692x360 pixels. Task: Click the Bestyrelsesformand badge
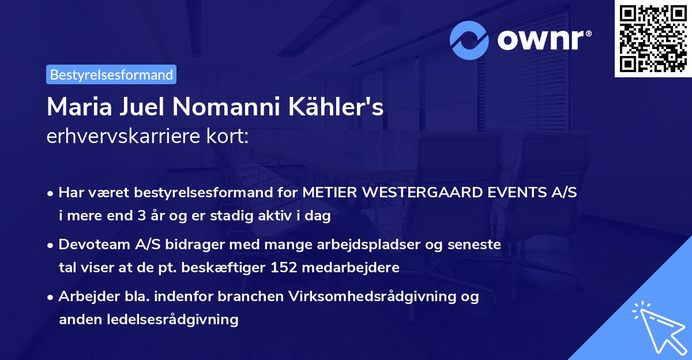tap(111, 74)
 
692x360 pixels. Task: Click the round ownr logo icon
tap(469, 40)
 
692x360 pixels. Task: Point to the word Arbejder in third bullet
tap(87, 297)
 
